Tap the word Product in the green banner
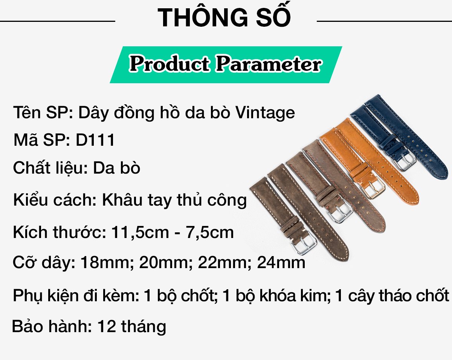pos(169,63)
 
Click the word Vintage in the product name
pos(265,113)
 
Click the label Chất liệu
pos(50,168)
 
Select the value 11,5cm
pos(140,232)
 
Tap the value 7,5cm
pos(210,232)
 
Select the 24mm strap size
pos(281,262)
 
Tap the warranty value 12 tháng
pos(132,326)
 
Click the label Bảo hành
pos(52,326)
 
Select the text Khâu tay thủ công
pos(174,200)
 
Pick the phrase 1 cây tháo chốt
pos(392,295)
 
